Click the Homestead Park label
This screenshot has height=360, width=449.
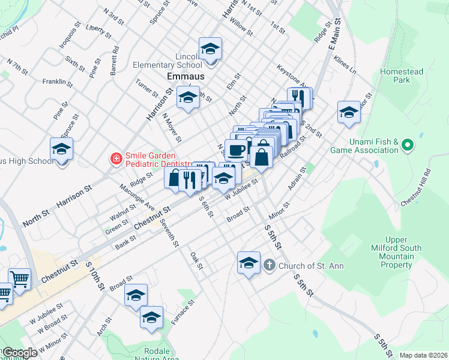(x=402, y=76)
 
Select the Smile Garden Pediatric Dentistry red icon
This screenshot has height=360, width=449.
(x=115, y=159)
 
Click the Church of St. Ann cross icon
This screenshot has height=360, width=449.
(x=270, y=265)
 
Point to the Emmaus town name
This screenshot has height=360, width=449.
(x=185, y=77)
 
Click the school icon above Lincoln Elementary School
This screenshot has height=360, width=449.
(x=210, y=49)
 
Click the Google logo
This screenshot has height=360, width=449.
(x=20, y=353)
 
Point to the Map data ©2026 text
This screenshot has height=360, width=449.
(x=423, y=355)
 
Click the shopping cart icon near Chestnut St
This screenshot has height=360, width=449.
(x=19, y=279)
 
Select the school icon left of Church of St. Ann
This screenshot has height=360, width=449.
(x=249, y=263)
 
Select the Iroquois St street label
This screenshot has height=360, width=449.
(x=69, y=37)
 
